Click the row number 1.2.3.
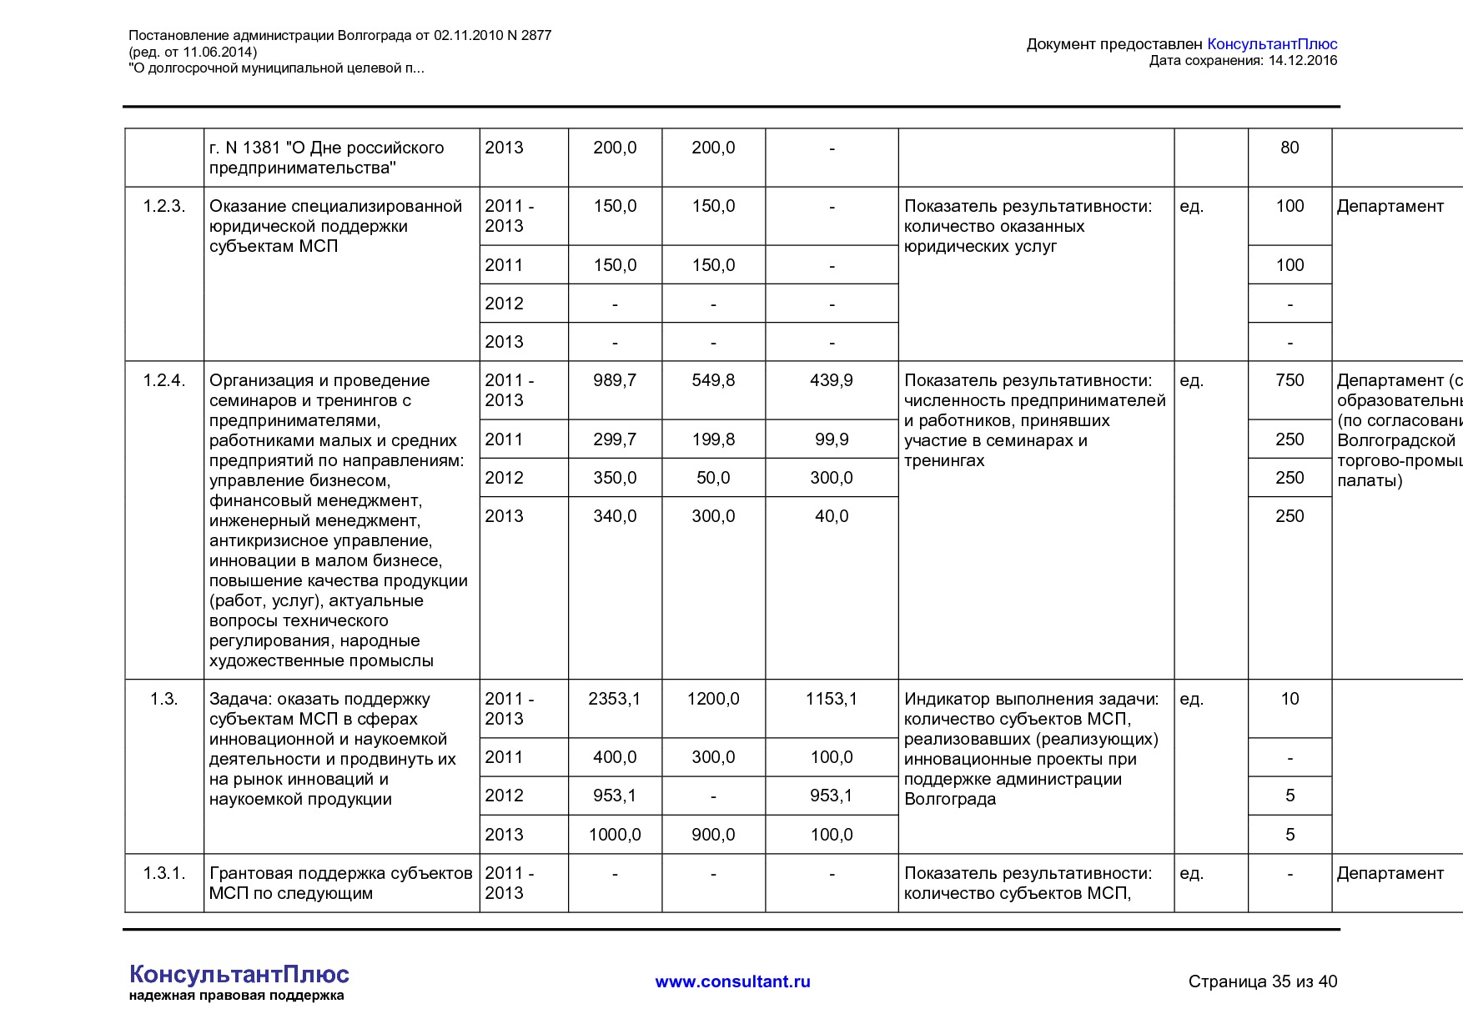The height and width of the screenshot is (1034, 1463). point(163,206)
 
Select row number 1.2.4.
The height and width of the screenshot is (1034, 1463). point(163,380)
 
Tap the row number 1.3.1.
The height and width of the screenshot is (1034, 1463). point(163,873)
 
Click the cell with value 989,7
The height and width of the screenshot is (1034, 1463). point(615,380)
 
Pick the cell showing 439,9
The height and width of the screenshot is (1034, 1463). point(831,380)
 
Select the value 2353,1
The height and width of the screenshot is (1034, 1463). point(615,699)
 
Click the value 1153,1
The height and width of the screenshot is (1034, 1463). point(831,699)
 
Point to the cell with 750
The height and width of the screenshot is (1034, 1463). point(1290,380)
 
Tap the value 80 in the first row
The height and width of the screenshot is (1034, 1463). point(1290,148)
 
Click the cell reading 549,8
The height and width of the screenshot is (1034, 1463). point(713,380)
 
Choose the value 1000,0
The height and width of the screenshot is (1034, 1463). point(615,835)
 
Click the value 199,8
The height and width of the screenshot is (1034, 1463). point(713,439)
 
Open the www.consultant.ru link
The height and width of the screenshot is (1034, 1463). point(732,981)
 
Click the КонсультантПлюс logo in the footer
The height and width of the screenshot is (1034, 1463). point(239,975)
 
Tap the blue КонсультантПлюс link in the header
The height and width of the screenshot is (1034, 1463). point(1272,44)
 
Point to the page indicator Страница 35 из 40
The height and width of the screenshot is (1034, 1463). point(1262,981)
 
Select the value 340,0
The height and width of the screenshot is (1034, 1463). point(615,516)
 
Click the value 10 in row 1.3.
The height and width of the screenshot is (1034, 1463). point(1290,699)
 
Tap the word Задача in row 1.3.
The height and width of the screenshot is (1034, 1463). point(240,699)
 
